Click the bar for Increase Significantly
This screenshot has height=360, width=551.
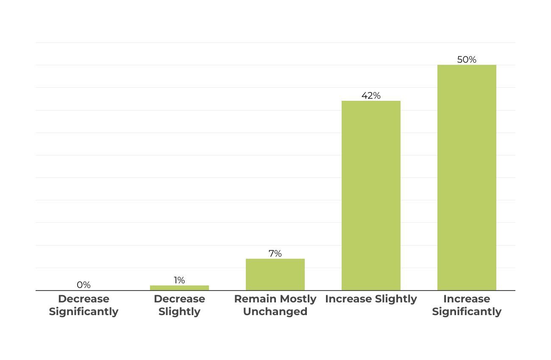(467, 178)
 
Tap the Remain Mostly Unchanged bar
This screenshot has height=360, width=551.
(275, 274)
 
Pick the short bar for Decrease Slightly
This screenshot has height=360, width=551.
(179, 288)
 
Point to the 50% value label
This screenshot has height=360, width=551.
(467, 60)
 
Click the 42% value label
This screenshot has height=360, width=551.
(371, 96)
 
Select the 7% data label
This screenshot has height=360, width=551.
(275, 254)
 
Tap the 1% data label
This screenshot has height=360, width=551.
(179, 280)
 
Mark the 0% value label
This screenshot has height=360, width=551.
(83, 285)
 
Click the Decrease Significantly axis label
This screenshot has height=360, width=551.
(83, 305)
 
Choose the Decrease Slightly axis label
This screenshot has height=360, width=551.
(179, 305)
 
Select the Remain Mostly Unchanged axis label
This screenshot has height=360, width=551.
(275, 305)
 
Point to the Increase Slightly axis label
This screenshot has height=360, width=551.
(371, 299)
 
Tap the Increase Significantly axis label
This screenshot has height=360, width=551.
(467, 305)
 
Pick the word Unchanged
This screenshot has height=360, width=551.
(275, 312)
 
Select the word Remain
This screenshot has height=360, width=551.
(253, 299)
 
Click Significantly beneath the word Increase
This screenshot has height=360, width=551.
(467, 312)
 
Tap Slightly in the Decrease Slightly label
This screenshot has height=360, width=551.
(179, 312)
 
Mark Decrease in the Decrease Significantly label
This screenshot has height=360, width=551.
(83, 299)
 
